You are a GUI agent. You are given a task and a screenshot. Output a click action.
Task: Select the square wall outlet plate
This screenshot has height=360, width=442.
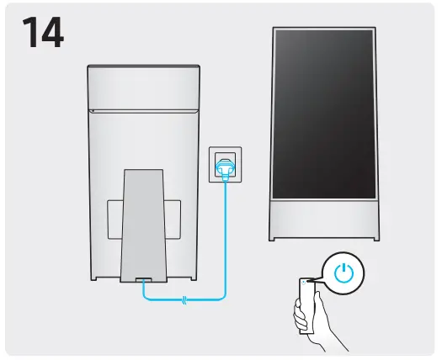tap(225, 161)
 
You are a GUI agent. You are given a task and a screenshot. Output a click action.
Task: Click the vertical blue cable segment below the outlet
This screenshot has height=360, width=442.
tap(225, 236)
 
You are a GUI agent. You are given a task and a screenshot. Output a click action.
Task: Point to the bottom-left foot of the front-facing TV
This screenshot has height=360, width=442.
tap(275, 237)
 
